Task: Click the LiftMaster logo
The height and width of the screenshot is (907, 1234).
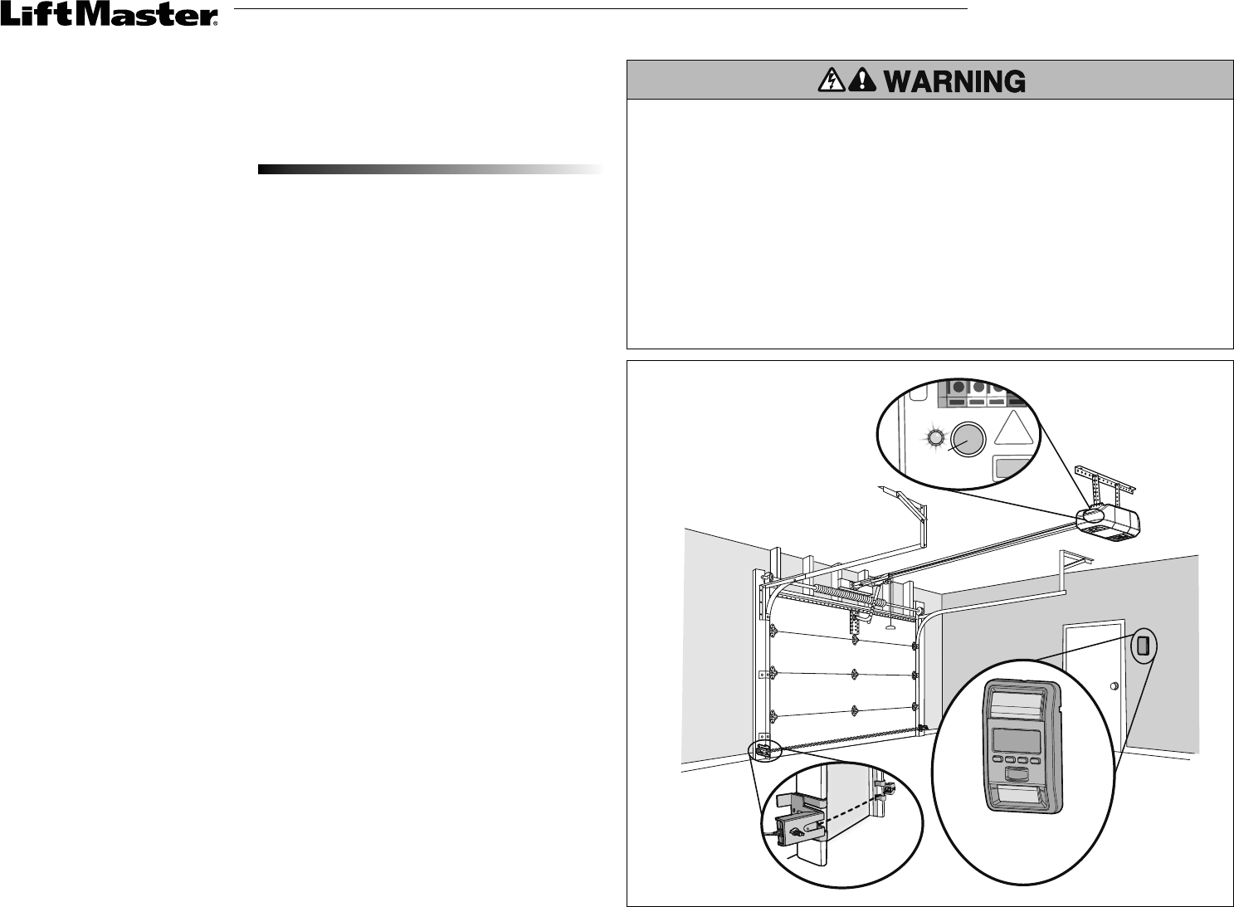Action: click(109, 17)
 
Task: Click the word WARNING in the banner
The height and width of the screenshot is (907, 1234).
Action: click(954, 80)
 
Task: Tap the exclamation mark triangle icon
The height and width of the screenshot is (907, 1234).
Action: click(866, 80)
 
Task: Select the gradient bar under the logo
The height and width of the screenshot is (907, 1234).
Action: click(429, 169)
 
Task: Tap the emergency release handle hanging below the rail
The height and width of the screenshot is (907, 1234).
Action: click(890, 627)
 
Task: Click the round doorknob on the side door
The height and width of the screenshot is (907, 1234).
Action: click(1114, 686)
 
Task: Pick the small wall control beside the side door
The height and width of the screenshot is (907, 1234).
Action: click(1143, 646)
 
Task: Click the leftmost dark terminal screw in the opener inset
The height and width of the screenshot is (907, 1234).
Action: click(958, 388)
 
